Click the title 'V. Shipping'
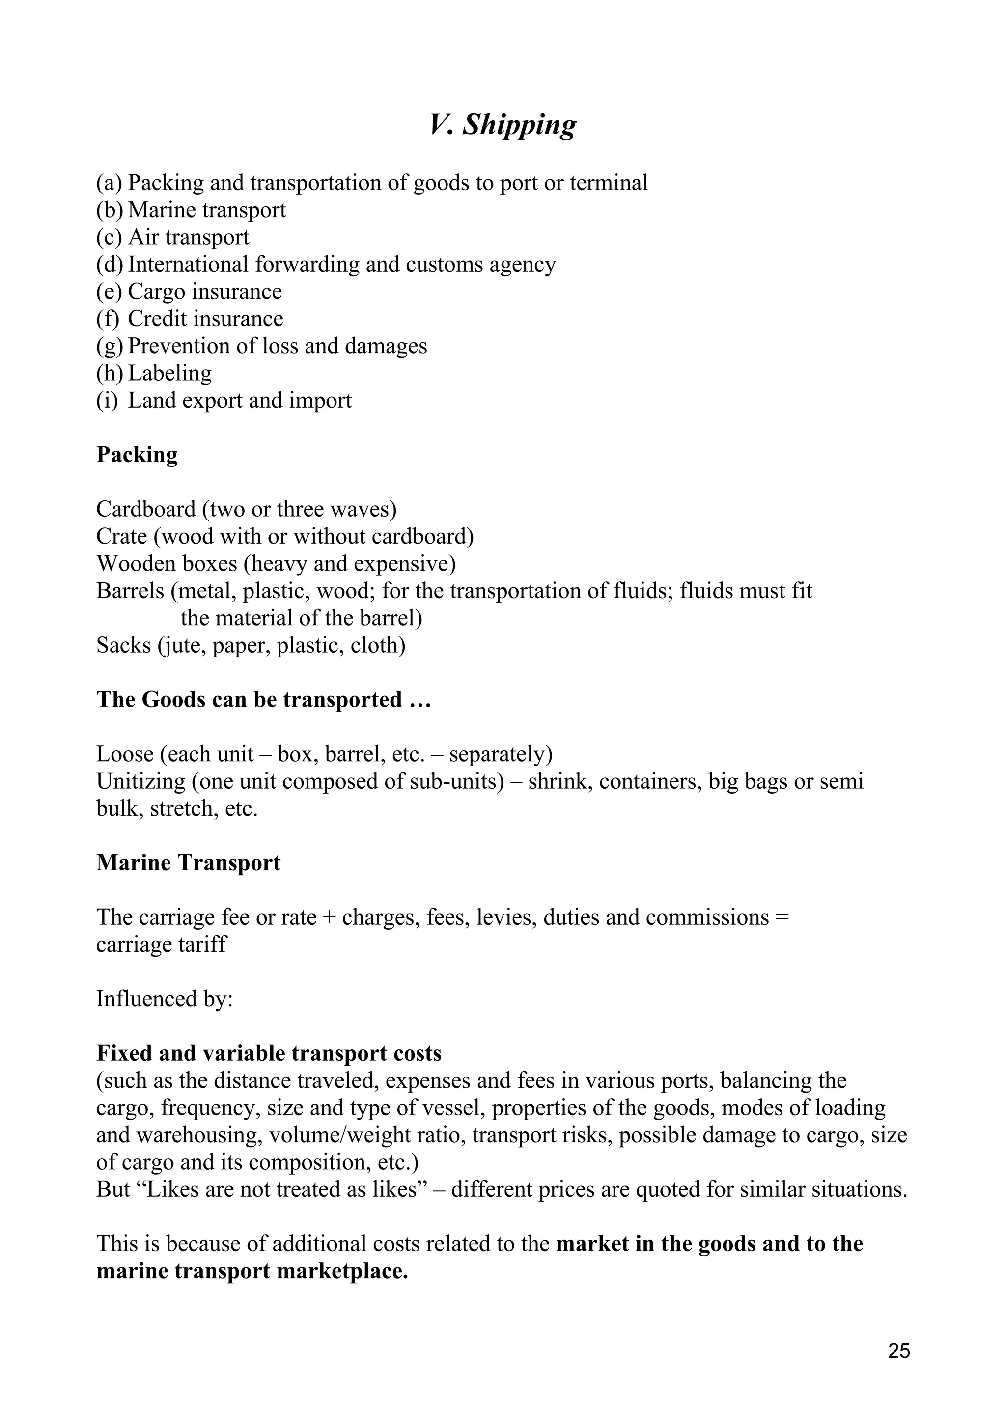click(502, 125)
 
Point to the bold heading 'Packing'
click(137, 455)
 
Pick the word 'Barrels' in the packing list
click(130, 591)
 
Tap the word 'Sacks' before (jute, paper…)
click(123, 646)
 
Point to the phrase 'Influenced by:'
click(164, 999)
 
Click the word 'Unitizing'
click(140, 782)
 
